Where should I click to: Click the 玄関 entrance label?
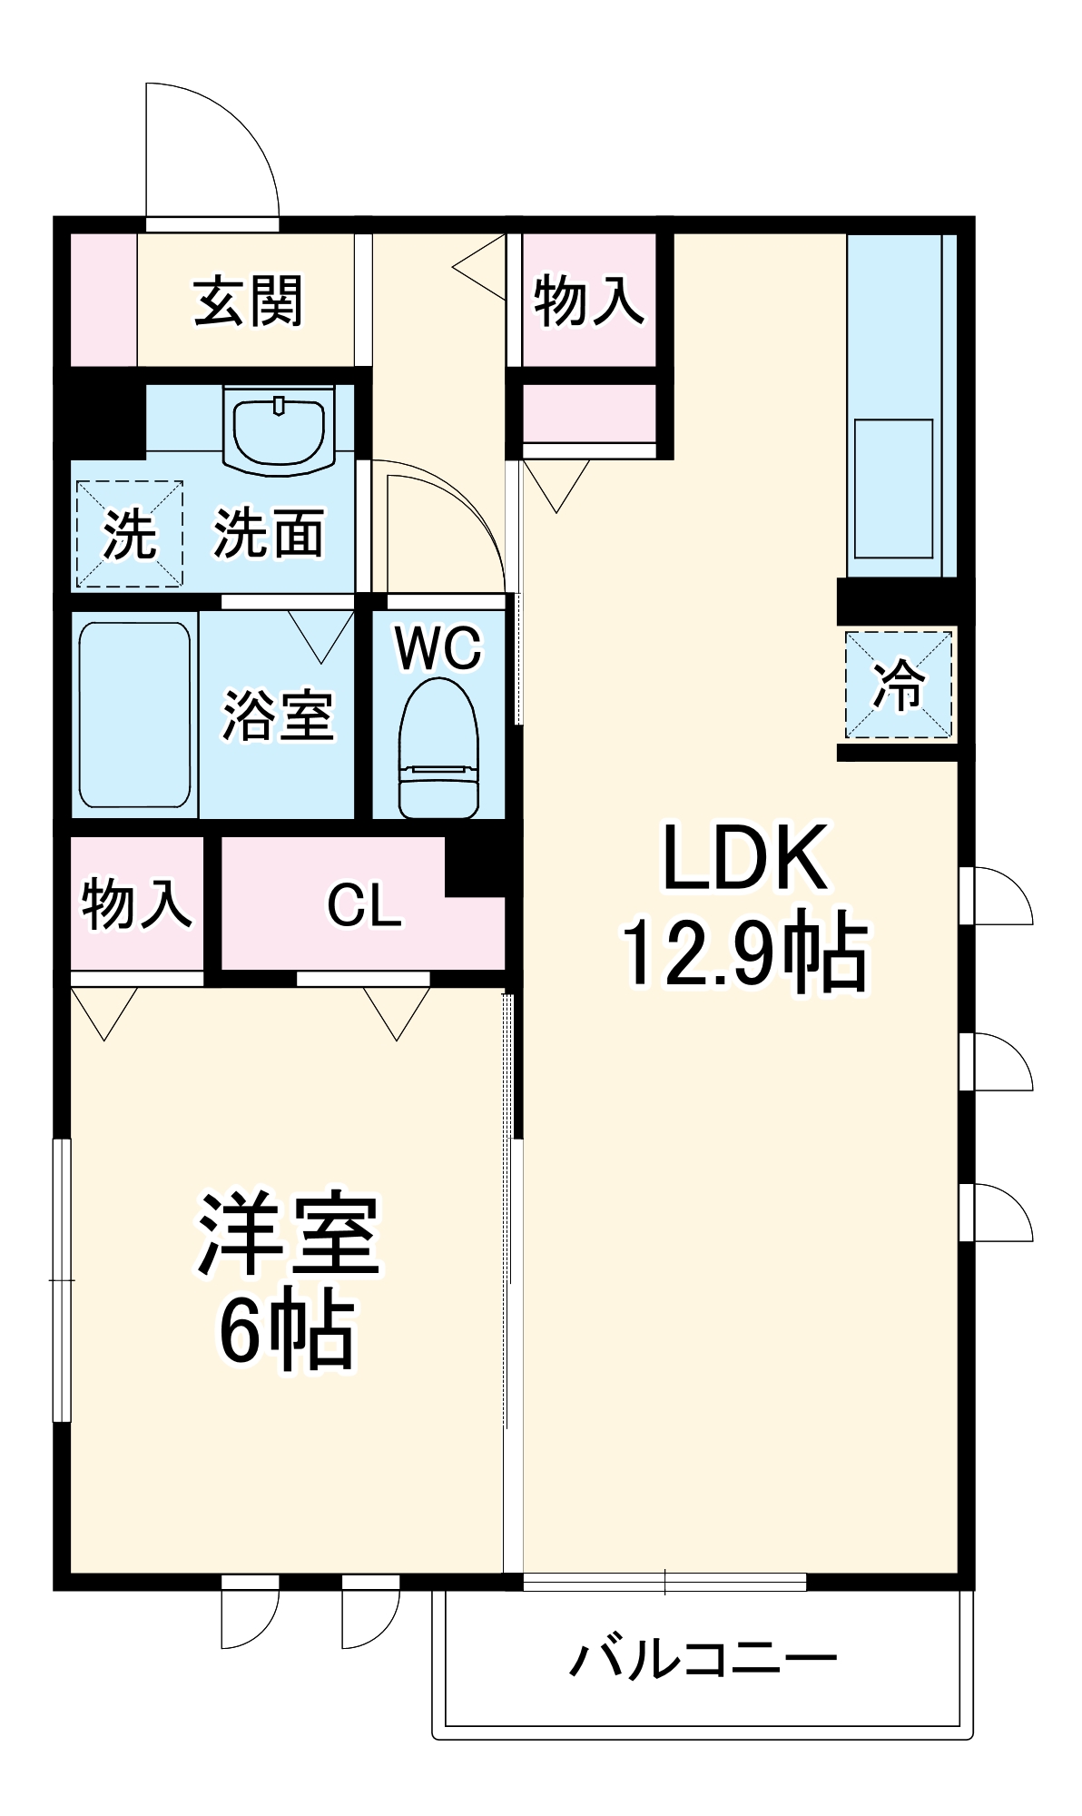click(x=247, y=301)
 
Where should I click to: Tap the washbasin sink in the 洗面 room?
click(x=280, y=429)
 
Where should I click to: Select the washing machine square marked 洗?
click(x=129, y=534)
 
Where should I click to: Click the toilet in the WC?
click(x=438, y=749)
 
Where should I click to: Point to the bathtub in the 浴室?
click(x=134, y=715)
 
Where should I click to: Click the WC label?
click(x=438, y=648)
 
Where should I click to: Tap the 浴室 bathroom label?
click(x=278, y=716)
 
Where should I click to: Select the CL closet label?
click(x=364, y=905)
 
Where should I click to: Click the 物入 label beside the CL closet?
click(x=136, y=903)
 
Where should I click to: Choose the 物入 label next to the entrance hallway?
click(x=588, y=301)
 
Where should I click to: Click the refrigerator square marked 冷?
click(x=898, y=685)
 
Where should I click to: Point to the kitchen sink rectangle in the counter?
click(x=893, y=489)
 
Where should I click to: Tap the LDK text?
click(x=744, y=857)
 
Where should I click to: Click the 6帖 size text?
click(x=286, y=1331)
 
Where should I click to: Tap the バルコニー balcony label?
click(x=703, y=1659)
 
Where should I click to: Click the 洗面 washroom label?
click(x=269, y=534)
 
